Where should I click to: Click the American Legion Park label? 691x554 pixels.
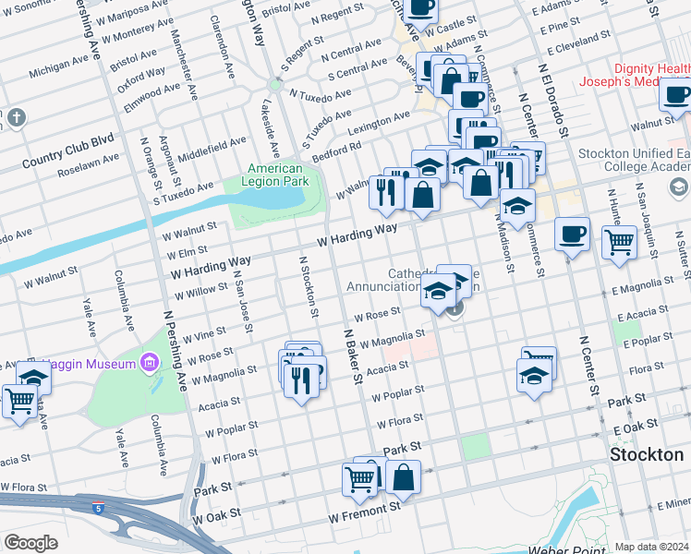[x=274, y=175]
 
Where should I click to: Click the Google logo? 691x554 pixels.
[x=30, y=543]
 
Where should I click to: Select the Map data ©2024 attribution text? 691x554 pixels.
[x=651, y=547]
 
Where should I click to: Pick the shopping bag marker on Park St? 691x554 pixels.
[x=403, y=477]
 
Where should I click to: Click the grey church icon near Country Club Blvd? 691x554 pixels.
[x=16, y=117]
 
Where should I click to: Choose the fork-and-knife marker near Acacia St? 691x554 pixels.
[x=300, y=378]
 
